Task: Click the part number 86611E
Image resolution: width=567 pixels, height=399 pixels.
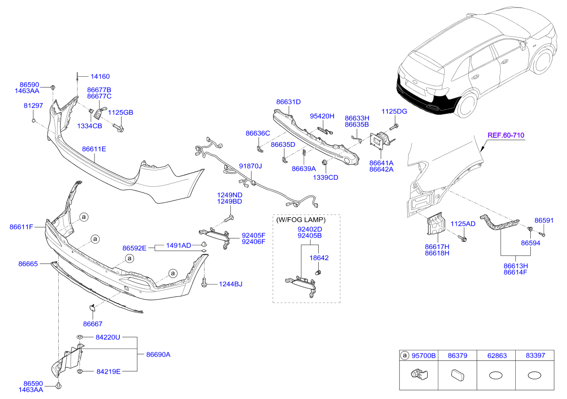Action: tap(94, 149)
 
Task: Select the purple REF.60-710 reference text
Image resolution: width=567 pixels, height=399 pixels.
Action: tap(506, 136)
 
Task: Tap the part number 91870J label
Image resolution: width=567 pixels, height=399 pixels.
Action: tap(250, 166)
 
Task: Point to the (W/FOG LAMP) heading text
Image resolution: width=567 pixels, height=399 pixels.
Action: tap(301, 220)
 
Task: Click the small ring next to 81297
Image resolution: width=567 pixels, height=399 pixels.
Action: tap(34, 120)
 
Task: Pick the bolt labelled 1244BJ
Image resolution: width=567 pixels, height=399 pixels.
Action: tap(204, 282)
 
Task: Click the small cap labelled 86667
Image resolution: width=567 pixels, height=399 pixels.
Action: tap(91, 308)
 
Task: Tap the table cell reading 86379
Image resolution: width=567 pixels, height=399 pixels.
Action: tap(457, 356)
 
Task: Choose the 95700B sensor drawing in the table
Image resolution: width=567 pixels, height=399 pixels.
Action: tap(419, 375)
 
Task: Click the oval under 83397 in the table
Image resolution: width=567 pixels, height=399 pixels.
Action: tap(535, 375)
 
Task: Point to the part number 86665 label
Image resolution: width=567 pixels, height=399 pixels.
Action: tap(28, 264)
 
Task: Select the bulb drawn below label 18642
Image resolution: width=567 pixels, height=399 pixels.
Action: tap(318, 272)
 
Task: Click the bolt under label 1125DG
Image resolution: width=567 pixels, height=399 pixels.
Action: tap(394, 127)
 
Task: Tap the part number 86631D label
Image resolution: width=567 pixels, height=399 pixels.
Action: tap(288, 102)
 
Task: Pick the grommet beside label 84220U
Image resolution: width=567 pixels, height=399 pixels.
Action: tap(80, 337)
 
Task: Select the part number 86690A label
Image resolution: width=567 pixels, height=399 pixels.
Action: tap(158, 355)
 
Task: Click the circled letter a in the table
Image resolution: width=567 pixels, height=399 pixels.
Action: tap(404, 355)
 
